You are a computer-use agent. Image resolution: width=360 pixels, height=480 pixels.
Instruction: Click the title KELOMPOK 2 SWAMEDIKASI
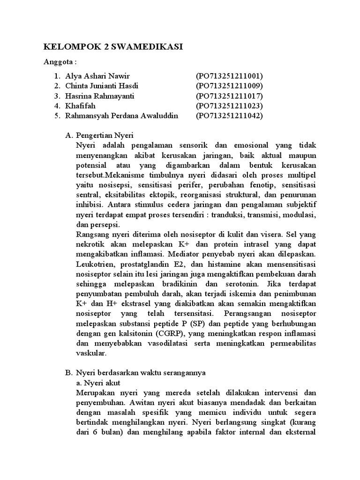click(x=113, y=47)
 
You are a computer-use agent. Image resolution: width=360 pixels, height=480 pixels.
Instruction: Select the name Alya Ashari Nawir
click(x=97, y=76)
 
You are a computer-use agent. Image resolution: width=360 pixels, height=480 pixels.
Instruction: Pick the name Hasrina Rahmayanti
click(x=100, y=96)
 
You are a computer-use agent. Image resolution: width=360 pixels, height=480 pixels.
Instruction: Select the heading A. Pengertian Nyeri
click(x=99, y=135)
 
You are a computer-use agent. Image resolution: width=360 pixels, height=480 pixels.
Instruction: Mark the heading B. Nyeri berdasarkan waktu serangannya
click(x=135, y=373)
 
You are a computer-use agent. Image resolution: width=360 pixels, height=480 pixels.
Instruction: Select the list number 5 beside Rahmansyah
click(x=56, y=116)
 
